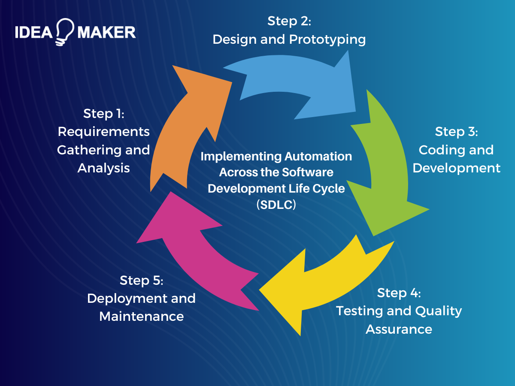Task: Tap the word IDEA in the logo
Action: pyautogui.click(x=34, y=32)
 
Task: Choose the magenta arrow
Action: pyautogui.click(x=193, y=249)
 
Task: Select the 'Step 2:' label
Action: pyautogui.click(x=289, y=21)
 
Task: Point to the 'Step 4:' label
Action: pyautogui.click(x=399, y=293)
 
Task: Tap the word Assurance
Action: pyautogui.click(x=399, y=329)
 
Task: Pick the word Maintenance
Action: pyautogui.click(x=141, y=317)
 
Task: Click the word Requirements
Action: pyautogui.click(x=103, y=131)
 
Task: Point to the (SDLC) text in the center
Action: pyautogui.click(x=276, y=205)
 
